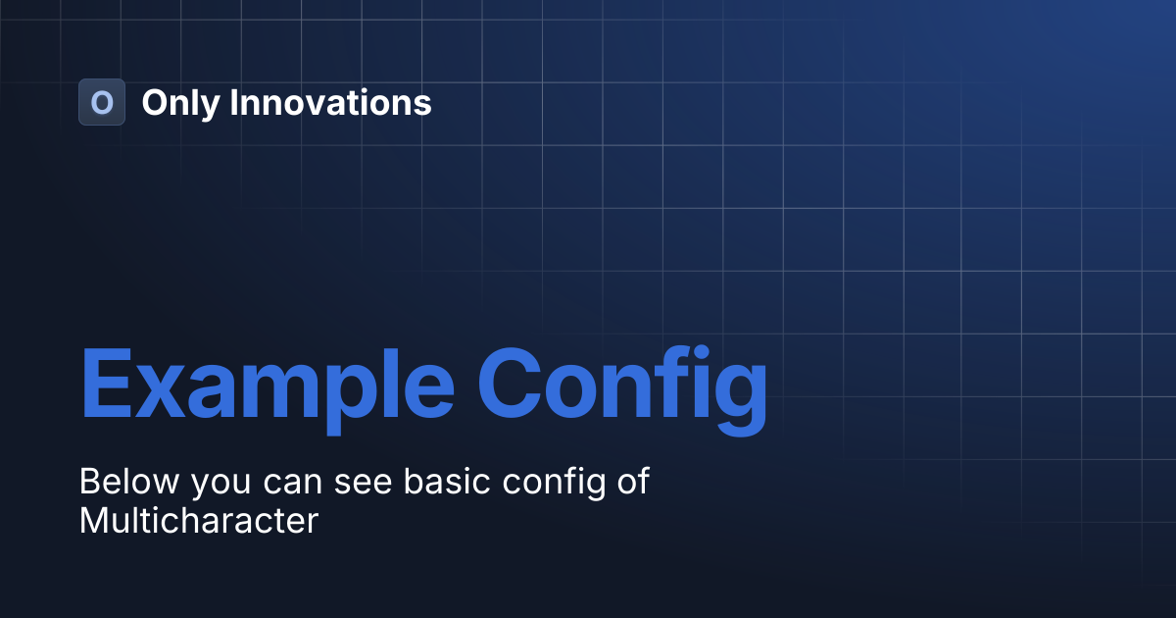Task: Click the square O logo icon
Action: tap(102, 102)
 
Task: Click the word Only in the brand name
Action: tap(180, 104)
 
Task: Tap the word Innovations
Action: tap(330, 102)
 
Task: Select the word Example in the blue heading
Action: tap(268, 389)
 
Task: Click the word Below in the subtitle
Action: tap(129, 481)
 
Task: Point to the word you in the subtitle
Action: tap(221, 485)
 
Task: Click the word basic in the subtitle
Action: tap(447, 481)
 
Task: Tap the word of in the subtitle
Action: tap(634, 480)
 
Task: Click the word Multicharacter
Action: tap(199, 520)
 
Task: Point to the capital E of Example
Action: tap(106, 384)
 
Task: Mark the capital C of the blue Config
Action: tap(510, 384)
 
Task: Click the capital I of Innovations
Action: tap(233, 102)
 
